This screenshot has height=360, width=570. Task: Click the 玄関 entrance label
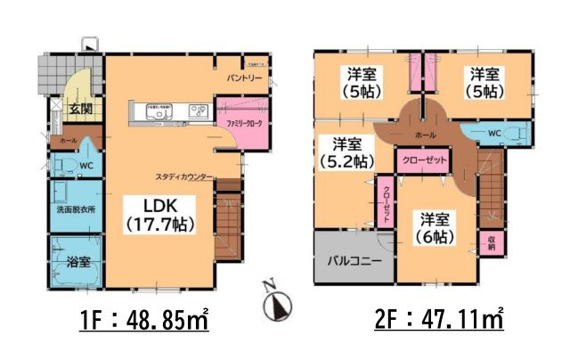(x=69, y=110)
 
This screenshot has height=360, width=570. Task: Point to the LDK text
(x=158, y=203)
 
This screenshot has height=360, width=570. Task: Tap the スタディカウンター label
(x=183, y=176)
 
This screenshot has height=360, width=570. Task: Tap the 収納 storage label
(x=492, y=241)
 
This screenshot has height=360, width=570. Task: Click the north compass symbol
(x=276, y=303)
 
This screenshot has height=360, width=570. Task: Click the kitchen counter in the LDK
(x=168, y=111)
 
